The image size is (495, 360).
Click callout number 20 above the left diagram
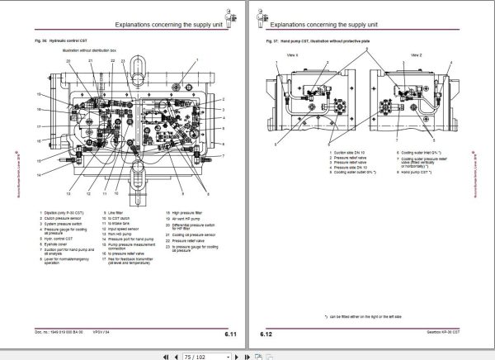[x=67, y=61]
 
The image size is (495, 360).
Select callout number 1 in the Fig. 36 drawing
[x=197, y=61]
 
